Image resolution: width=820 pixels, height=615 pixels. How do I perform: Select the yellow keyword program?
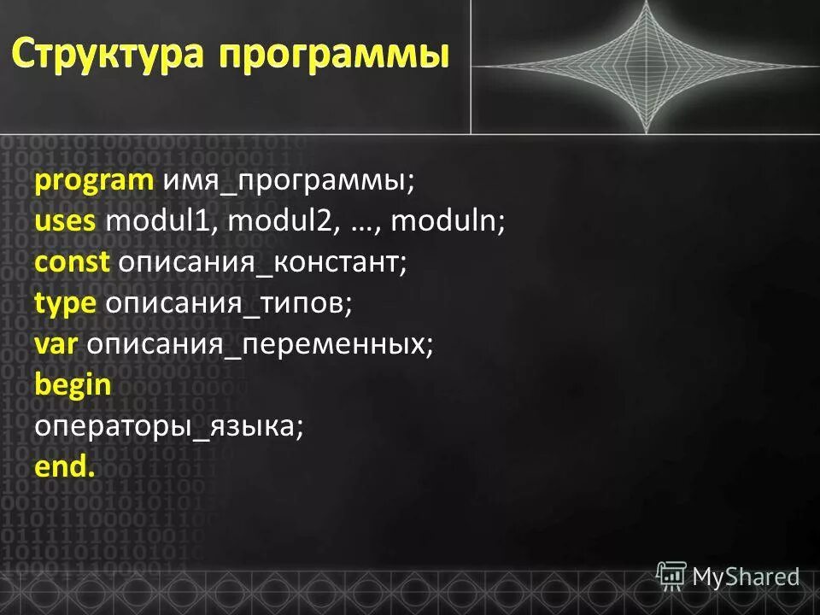94,181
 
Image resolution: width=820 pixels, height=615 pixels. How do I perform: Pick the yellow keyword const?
72,262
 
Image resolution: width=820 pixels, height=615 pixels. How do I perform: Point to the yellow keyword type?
66,304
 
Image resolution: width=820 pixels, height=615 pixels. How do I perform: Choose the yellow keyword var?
57,344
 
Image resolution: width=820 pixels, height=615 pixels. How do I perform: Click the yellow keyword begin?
73,385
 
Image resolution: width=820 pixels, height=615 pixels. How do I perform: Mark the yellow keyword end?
65,466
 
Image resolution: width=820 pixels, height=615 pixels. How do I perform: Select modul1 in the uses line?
162,222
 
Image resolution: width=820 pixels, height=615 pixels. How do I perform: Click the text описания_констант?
263,262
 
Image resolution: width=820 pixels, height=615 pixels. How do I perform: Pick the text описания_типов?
228,304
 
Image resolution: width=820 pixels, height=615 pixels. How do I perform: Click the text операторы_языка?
169,426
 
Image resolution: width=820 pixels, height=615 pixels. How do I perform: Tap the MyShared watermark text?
746,577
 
